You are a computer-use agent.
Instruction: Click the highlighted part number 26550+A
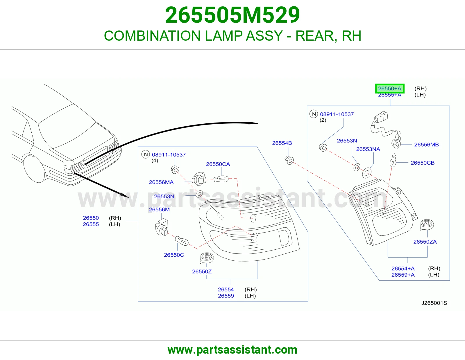click(390, 89)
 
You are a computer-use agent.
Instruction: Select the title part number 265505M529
click(233, 15)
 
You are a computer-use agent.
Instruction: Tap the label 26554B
click(282, 143)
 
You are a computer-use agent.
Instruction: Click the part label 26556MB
click(426, 145)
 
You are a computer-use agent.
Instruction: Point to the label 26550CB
click(422, 163)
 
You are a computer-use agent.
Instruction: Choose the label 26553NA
click(368, 149)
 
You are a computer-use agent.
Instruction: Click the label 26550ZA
click(425, 242)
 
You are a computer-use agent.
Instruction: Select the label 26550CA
click(218, 164)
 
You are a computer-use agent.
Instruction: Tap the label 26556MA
click(161, 182)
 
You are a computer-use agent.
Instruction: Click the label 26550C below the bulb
click(174, 255)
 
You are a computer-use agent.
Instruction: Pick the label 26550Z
click(202, 271)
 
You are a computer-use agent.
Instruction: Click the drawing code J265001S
click(434, 303)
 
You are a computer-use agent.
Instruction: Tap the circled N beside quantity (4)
click(146, 154)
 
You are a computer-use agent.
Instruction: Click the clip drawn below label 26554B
click(289, 160)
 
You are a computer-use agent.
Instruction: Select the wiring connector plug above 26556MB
click(381, 116)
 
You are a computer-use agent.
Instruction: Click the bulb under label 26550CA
click(221, 179)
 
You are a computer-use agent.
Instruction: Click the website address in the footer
click(233, 350)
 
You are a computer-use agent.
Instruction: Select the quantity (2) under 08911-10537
click(323, 120)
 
